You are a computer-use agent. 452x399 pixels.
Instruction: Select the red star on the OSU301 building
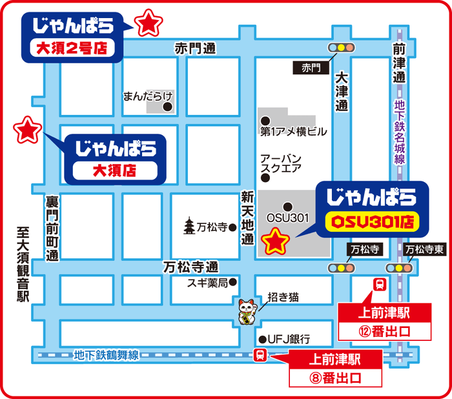coord(277,241)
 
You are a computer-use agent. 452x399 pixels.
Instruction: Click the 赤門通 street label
coord(195,48)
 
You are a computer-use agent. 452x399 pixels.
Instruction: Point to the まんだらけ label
coord(144,96)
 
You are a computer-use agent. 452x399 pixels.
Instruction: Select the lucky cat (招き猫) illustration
coord(247,312)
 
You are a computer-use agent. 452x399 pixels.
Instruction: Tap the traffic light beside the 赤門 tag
coord(342,48)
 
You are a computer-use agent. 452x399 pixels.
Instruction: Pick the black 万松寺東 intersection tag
coord(422,249)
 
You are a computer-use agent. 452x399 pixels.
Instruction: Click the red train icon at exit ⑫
coord(380,284)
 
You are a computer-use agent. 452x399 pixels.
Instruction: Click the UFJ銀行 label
coord(289,339)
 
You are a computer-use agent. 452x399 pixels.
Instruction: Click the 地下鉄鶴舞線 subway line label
coord(107,354)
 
